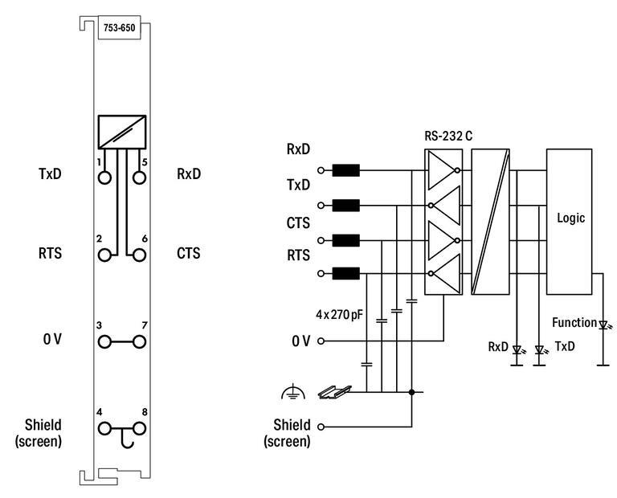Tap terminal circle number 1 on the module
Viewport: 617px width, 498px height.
(104, 178)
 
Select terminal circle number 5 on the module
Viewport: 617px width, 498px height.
(139, 178)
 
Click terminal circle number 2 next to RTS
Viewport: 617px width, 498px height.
(104, 255)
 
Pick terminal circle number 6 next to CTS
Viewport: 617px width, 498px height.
(139, 255)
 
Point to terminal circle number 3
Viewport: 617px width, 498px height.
(104, 342)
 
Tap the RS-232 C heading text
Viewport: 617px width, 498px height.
(448, 134)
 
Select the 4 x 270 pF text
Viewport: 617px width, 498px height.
(340, 315)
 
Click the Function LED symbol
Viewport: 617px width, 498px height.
(603, 325)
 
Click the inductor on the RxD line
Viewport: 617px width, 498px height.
(345, 169)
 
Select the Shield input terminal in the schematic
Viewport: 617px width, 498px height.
(321, 427)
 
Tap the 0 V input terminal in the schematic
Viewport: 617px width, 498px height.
(321, 341)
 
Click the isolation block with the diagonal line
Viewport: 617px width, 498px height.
(490, 222)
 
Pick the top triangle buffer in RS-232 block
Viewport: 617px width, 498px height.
(442, 170)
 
